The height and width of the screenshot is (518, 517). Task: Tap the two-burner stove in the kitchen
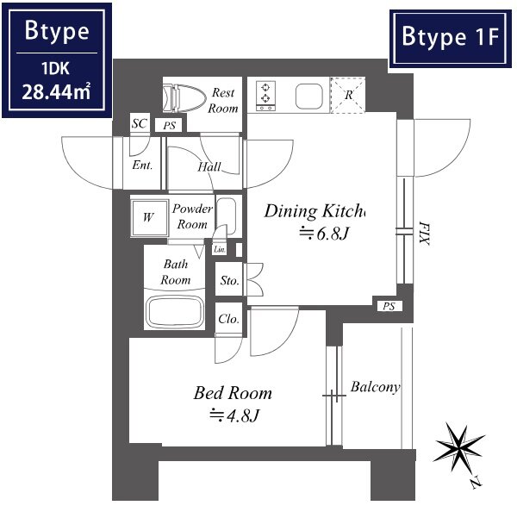(x=265, y=97)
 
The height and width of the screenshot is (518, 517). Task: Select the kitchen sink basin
(x=308, y=97)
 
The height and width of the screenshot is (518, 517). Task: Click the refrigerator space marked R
(x=348, y=95)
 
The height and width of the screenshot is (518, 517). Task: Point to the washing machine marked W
(x=149, y=218)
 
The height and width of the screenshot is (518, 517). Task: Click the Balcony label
(x=376, y=387)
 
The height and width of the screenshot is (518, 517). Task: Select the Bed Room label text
(x=233, y=393)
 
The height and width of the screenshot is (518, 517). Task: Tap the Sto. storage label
(x=229, y=281)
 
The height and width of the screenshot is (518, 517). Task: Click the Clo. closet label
(x=228, y=319)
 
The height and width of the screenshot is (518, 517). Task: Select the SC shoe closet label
(x=139, y=123)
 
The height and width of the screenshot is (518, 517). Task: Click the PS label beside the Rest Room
(x=170, y=126)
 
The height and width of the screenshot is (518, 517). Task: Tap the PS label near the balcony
(x=389, y=307)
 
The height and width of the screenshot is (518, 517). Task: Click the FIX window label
(x=424, y=234)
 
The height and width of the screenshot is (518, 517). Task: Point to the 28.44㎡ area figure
(x=56, y=92)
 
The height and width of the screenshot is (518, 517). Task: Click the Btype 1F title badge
(x=451, y=38)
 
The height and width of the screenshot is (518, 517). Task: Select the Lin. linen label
(x=220, y=249)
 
